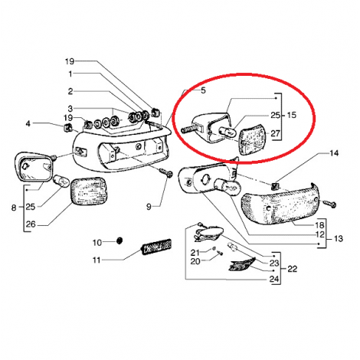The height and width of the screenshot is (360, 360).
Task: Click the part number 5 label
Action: [203, 90]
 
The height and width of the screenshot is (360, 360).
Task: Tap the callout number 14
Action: [334, 153]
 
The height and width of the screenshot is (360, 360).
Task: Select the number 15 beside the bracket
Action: [292, 115]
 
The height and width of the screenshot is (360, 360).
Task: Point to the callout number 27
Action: [275, 133]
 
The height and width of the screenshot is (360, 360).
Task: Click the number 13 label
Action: [339, 239]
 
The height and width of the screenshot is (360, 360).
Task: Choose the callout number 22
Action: [292, 269]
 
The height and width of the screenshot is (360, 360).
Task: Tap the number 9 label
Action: [149, 207]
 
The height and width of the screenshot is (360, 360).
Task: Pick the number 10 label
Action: [97, 243]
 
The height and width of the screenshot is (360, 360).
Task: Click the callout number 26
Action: [31, 224]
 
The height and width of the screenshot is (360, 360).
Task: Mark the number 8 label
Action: [14, 208]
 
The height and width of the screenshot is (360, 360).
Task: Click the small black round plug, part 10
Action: [119, 241]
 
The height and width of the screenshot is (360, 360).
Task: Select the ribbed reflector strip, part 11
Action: [156, 247]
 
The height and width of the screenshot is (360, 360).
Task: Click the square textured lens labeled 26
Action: [88, 191]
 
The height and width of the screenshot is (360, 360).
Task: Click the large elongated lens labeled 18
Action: [280, 205]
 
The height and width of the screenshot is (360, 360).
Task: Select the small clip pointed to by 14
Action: [274, 186]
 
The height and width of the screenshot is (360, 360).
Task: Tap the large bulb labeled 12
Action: [228, 188]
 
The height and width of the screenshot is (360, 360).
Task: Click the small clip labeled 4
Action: [67, 126]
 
